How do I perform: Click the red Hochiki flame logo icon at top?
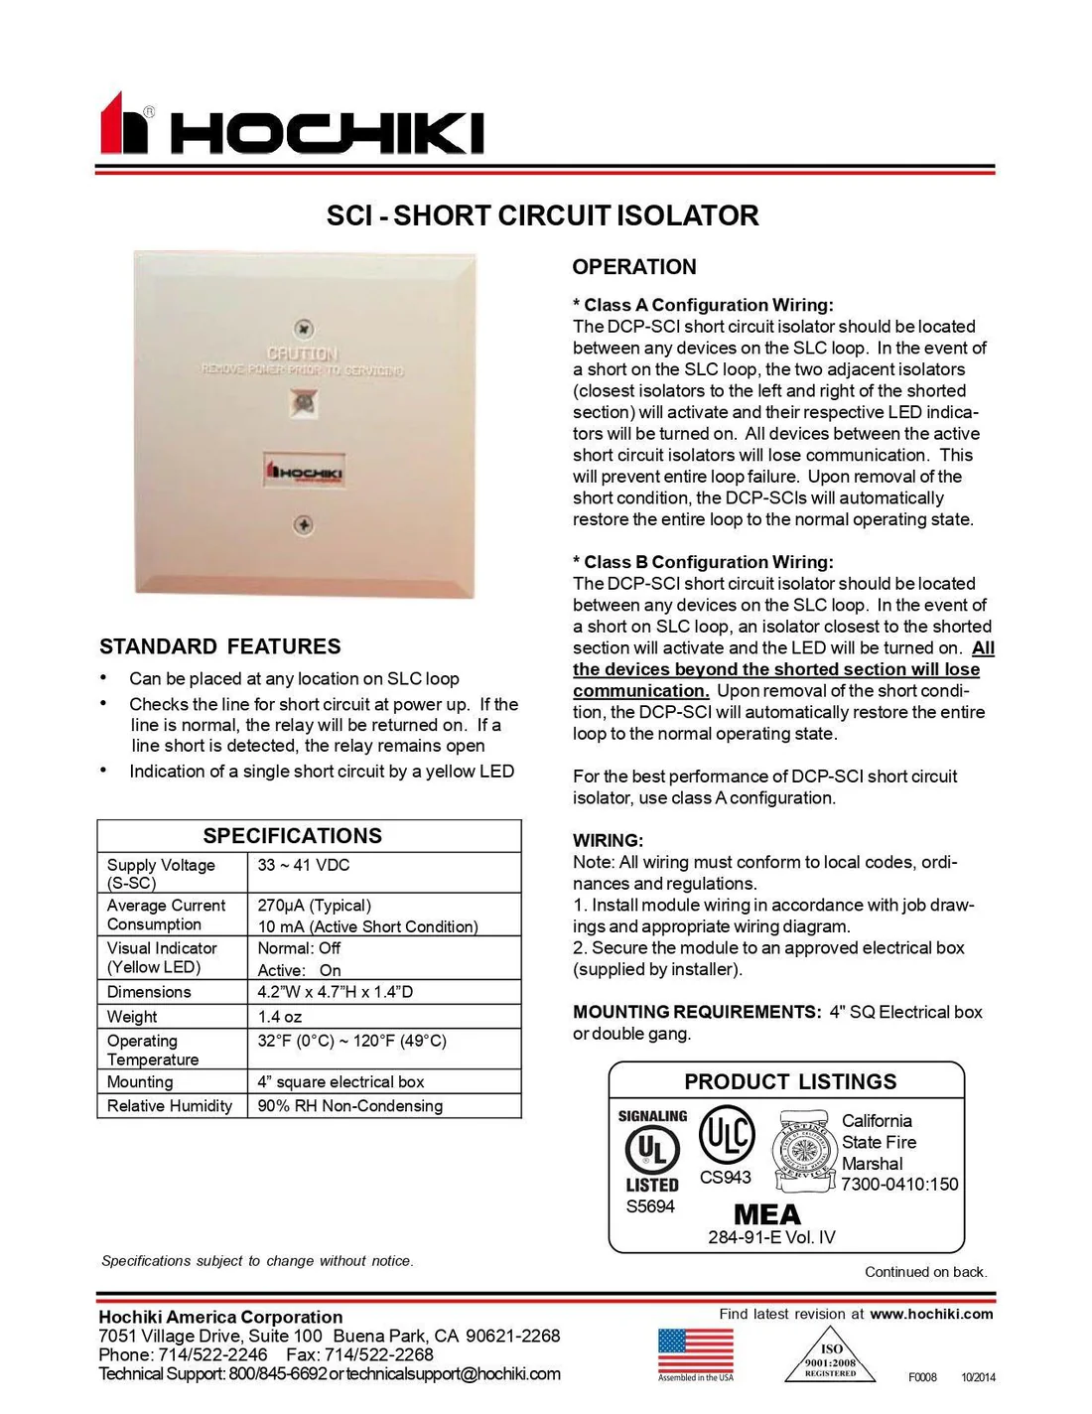pos(123,124)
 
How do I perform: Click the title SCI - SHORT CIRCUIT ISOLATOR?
pos(542,215)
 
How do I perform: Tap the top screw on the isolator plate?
pos(305,329)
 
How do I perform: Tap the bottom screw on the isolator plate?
pos(305,524)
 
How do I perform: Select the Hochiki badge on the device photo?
pos(305,472)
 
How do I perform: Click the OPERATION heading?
pos(634,266)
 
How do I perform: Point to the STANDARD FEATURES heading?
pos(219,646)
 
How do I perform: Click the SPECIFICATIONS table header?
pos(292,836)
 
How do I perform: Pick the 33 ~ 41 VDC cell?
pos(304,865)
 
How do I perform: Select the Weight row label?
pos(132,1017)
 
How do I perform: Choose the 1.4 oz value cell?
pos(279,1017)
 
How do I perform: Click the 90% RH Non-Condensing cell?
pos(349,1106)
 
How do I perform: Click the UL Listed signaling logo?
pos(651,1152)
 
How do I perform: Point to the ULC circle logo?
pos(727,1135)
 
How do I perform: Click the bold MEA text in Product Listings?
pos(766,1214)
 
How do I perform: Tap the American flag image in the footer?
pos(695,1350)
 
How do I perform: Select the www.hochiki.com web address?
pos(931,1314)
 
